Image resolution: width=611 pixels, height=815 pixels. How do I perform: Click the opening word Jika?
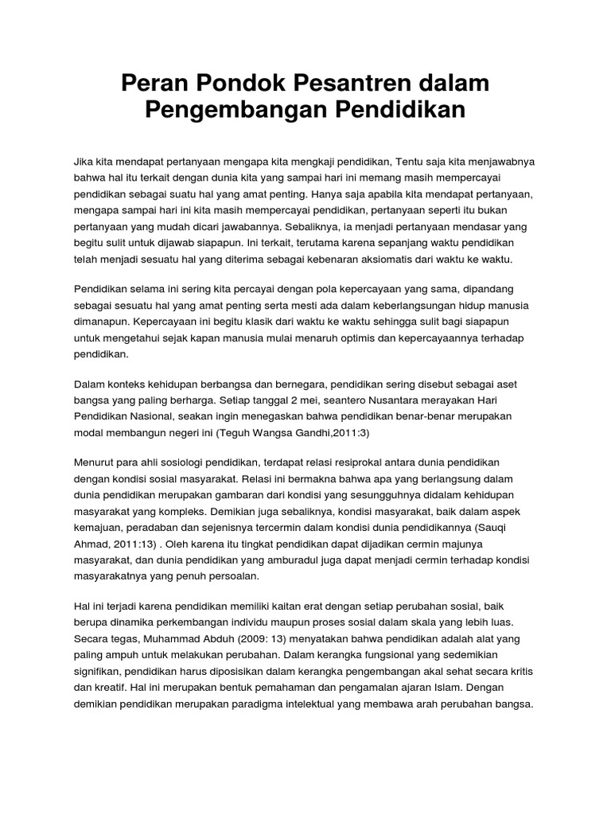[x=83, y=161]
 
